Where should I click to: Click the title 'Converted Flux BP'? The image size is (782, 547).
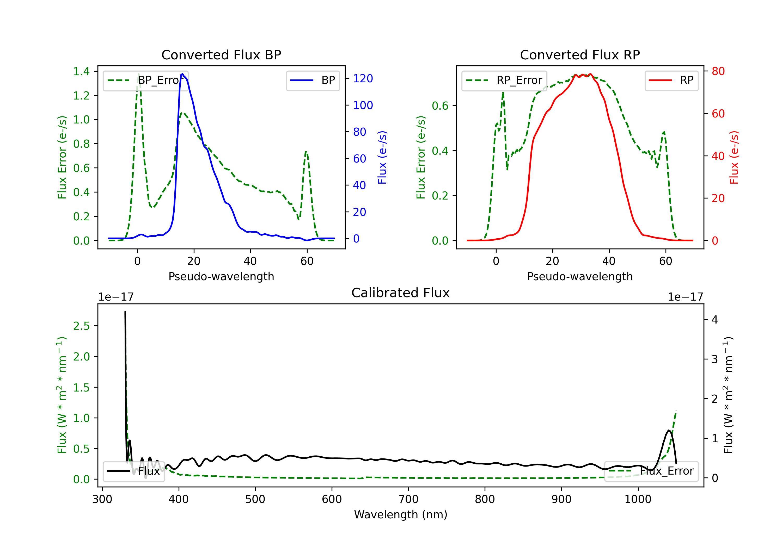221,55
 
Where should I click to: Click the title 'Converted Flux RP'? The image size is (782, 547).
580,55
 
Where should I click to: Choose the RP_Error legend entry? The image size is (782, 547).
504,80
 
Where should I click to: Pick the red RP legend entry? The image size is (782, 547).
671,80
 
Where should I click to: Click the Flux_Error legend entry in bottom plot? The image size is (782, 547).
651,471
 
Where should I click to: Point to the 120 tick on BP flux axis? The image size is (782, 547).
363,79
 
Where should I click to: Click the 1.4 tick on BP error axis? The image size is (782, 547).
81,71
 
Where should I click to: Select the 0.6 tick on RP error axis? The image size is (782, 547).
440,106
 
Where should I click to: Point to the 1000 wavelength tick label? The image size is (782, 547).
638,499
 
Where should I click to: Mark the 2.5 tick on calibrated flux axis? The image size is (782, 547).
81,326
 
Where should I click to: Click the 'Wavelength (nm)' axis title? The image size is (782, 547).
401,515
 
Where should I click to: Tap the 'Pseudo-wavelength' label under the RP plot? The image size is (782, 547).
580,276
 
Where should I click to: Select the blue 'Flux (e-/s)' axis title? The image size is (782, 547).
382,157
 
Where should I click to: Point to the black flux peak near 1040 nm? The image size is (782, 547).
669,431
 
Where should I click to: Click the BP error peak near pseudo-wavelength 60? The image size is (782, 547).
306,152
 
